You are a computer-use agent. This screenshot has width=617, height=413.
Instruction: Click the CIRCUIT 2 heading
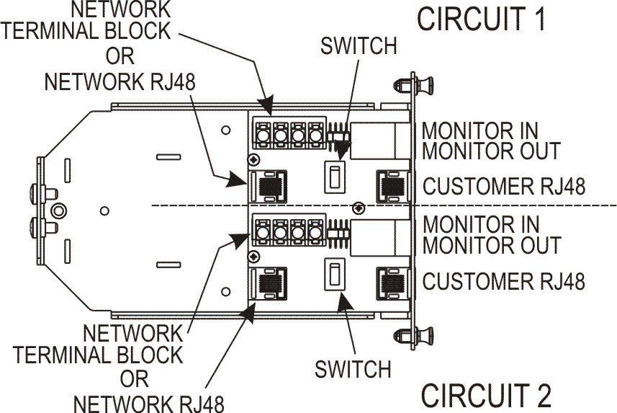486,396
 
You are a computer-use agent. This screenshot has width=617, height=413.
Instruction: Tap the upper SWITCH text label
359,46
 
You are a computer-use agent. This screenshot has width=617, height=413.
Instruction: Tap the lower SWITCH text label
353,369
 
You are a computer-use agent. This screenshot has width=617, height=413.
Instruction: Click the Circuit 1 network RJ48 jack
268,186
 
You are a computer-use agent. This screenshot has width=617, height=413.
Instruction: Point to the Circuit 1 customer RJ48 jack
393,186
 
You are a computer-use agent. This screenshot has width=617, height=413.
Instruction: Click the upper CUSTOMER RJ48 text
503,186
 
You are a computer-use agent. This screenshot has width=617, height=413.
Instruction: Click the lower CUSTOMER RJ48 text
503,280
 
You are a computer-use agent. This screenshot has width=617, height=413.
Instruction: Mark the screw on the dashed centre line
356,208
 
